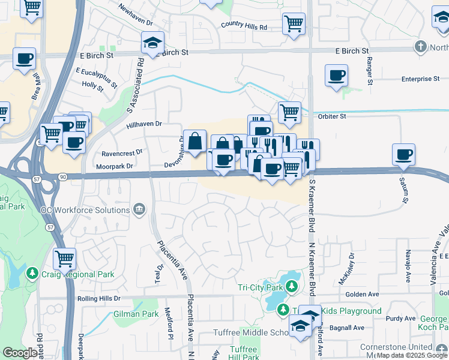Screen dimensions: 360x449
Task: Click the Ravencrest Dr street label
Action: pyautogui.click(x=122, y=152)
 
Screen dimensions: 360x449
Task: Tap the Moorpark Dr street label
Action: pyautogui.click(x=112, y=166)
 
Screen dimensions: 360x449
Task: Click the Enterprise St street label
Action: pyautogui.click(x=421, y=79)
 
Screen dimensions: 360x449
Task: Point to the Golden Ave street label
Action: pyautogui.click(x=362, y=294)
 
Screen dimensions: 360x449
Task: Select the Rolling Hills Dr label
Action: pyautogui.click(x=99, y=298)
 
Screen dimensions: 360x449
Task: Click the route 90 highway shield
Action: pyautogui.click(x=63, y=176)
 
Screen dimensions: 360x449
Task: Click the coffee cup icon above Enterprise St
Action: pyautogui.click(x=336, y=75)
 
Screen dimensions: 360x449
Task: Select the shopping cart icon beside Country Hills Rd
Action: pyautogui.click(x=294, y=24)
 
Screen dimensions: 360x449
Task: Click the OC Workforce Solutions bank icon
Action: pyautogui.click(x=139, y=209)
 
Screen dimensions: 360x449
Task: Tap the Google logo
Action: pyautogui.click(x=20, y=352)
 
